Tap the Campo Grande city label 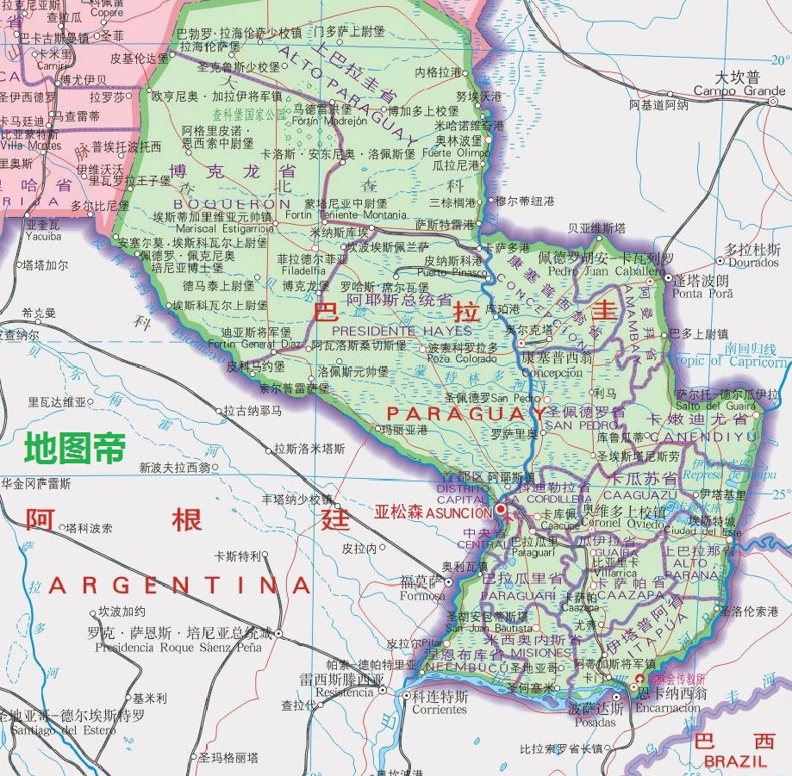(739, 90)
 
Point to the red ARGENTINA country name (179, 587)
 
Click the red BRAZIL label (734, 761)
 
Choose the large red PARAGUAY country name (454, 414)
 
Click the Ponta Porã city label (700, 293)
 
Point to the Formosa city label (422, 596)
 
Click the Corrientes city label (439, 709)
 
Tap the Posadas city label (595, 722)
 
